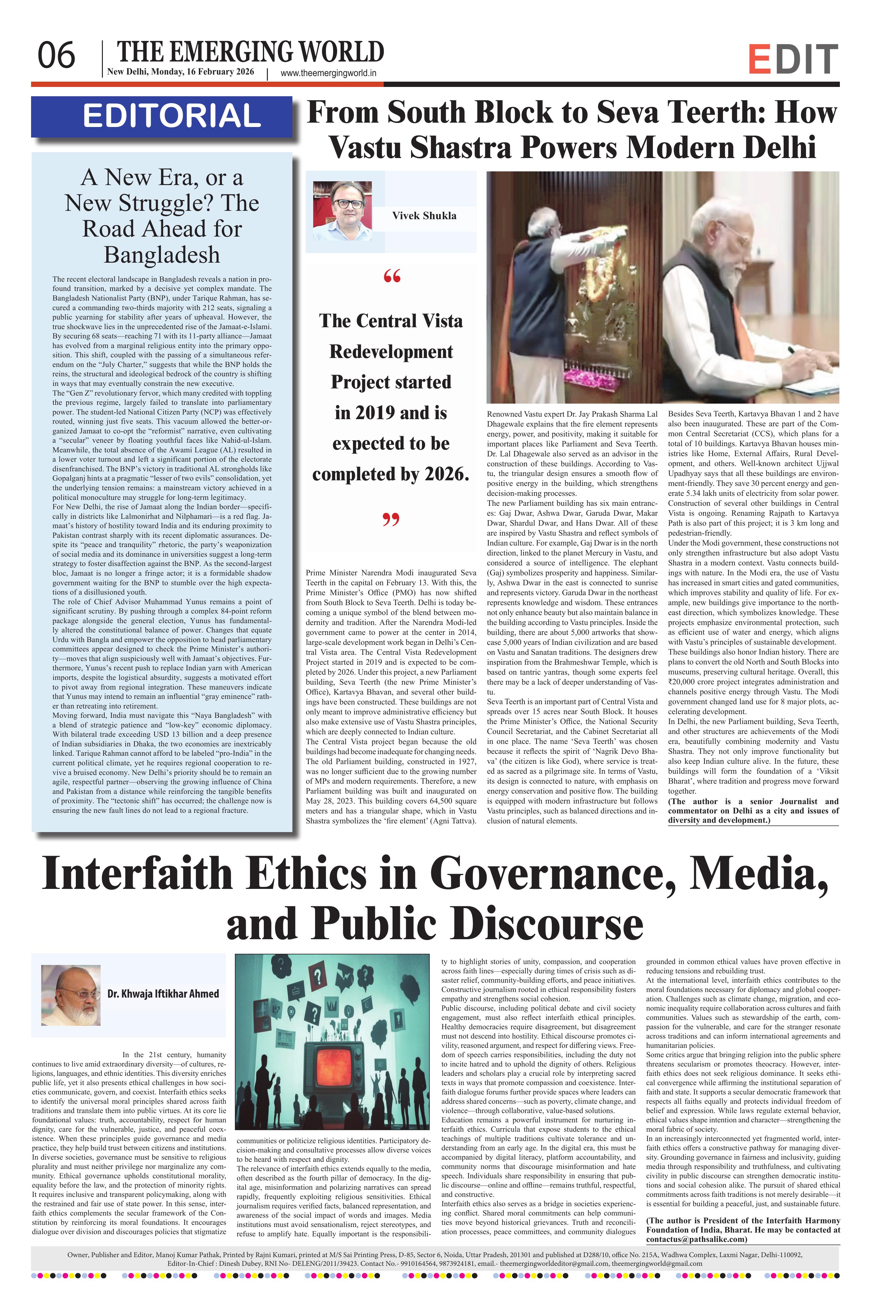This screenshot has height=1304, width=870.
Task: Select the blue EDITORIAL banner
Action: point(162,116)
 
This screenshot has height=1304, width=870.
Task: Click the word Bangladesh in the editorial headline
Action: point(162,255)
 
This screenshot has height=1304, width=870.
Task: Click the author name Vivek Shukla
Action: point(424,216)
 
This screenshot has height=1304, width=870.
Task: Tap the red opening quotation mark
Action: point(392,276)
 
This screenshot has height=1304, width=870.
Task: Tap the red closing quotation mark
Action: point(392,520)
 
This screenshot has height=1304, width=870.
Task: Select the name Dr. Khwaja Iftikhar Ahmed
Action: point(163,994)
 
